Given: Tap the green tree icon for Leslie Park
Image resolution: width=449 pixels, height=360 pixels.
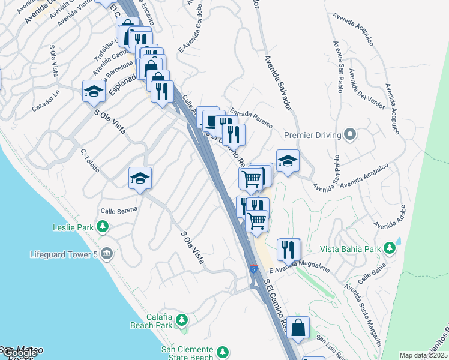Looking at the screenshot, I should tap(103, 227).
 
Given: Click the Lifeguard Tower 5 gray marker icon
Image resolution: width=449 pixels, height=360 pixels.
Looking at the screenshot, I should tap(106, 254).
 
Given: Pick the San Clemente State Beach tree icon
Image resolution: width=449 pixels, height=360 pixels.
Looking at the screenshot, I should tap(223, 352).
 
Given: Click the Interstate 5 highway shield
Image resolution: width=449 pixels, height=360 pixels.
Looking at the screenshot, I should tap(253, 269).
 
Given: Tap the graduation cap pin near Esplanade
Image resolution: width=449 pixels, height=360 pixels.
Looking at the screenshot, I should tap(94, 91).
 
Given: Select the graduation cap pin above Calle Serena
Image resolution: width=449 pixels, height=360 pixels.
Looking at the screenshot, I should tap(140, 178).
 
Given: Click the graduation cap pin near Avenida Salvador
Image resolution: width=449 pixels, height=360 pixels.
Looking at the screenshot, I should tap(288, 161).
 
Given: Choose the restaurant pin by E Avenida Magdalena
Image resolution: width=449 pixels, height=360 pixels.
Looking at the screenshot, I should tap(288, 249).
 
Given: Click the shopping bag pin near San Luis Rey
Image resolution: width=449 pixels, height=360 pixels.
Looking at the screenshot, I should tap(298, 328).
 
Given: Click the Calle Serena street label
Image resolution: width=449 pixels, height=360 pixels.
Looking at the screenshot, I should tap(119, 210).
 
